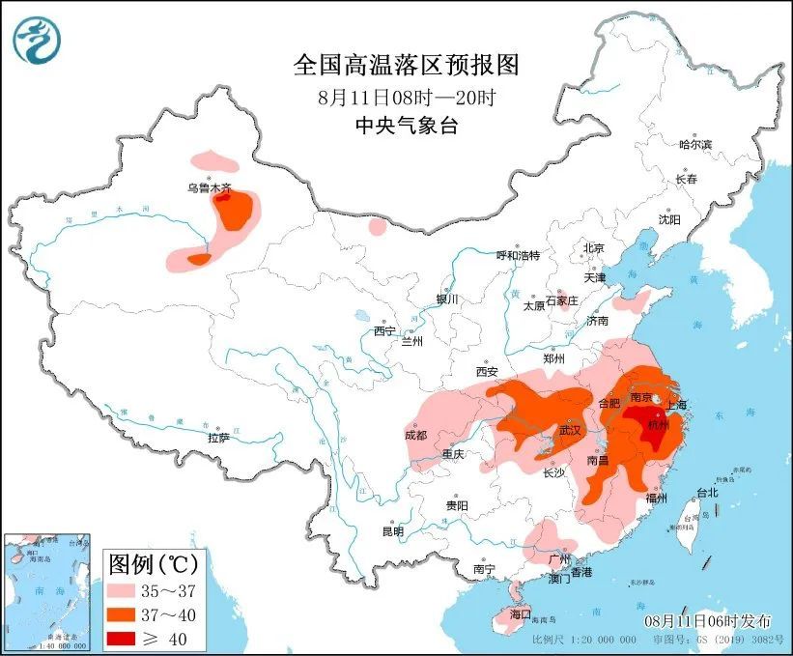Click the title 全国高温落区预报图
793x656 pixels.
point(406,65)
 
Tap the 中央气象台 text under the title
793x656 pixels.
point(406,125)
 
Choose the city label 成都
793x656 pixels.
point(415,435)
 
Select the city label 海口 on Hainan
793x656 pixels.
point(521,613)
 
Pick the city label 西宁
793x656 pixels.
point(384,331)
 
